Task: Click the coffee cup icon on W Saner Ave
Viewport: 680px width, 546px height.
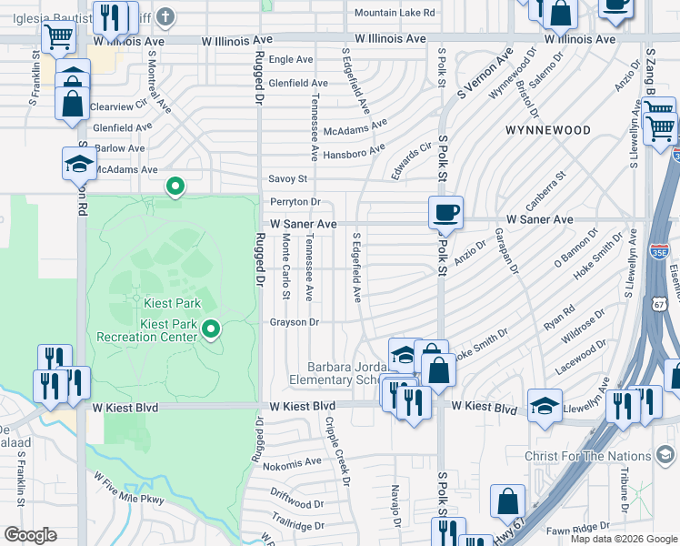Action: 445,212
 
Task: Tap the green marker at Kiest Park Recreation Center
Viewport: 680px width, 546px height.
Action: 211,329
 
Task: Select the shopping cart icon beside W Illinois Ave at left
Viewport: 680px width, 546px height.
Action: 58,37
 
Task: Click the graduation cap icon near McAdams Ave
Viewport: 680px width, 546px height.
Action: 79,163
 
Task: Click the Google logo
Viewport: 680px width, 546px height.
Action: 29,535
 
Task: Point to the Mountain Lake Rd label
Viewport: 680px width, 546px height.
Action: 395,13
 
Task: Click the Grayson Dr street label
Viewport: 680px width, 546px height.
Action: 294,322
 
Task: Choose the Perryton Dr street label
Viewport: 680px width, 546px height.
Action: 295,202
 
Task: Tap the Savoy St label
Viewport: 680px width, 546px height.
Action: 288,179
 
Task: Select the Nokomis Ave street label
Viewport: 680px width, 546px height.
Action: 292,462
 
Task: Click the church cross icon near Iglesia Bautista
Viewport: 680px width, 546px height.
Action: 165,15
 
